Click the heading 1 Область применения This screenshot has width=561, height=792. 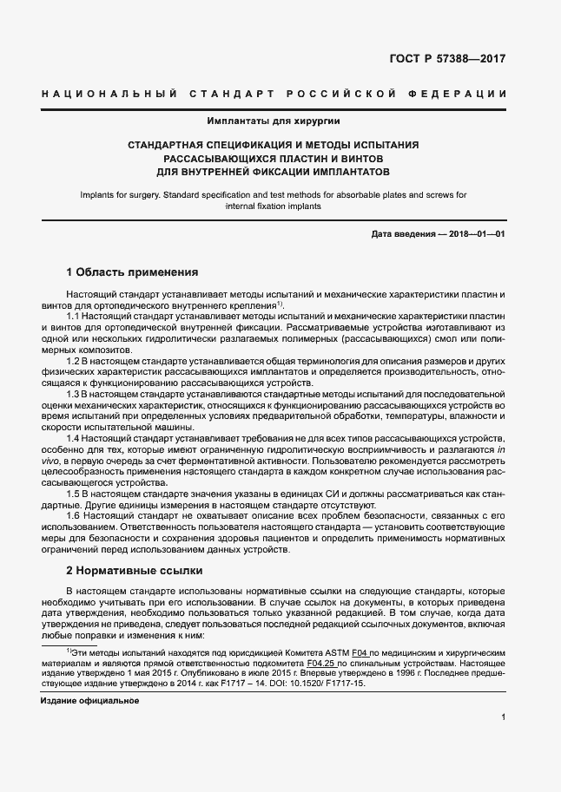point(133,272)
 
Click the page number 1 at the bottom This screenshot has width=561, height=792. point(504,717)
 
